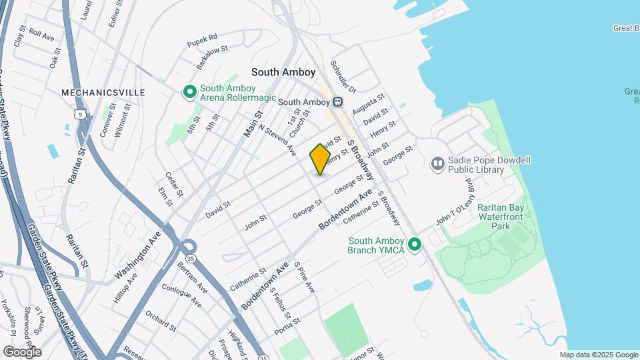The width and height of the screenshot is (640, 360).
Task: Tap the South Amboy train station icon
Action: (x=338, y=102)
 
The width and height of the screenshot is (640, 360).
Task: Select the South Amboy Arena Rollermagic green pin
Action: (x=189, y=92)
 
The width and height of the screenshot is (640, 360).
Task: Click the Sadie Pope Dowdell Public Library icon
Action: (x=437, y=163)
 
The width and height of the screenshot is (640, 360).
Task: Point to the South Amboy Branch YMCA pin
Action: (x=415, y=245)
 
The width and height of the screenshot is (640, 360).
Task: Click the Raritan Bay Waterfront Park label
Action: (x=504, y=217)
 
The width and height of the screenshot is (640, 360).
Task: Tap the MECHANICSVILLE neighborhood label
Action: (x=103, y=92)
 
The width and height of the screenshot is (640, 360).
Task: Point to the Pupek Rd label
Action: (x=203, y=41)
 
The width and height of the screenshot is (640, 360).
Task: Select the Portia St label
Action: (x=289, y=327)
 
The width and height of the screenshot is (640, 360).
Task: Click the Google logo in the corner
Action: (x=22, y=351)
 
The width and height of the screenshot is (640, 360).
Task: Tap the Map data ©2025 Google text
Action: (x=599, y=355)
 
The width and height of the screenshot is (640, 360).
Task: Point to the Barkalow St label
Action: (x=213, y=57)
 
